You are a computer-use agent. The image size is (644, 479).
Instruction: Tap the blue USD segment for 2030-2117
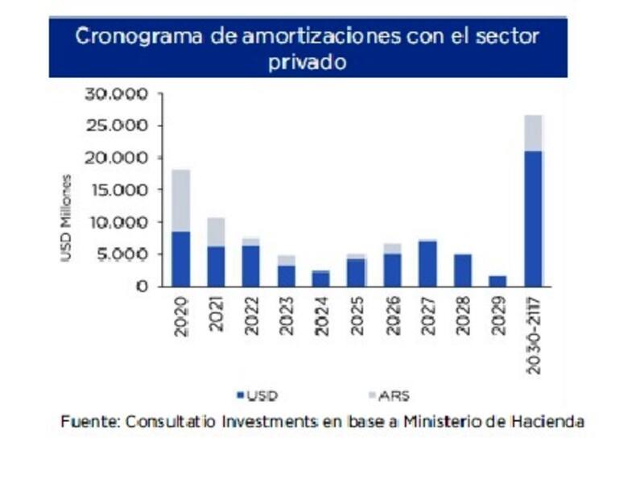(x=532, y=218)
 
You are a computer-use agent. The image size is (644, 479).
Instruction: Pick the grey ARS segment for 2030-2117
(x=532, y=133)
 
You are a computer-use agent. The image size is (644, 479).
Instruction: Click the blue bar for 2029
(x=497, y=281)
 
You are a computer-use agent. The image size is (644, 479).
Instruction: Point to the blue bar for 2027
(x=427, y=263)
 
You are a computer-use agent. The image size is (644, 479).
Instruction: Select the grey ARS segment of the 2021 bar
(x=215, y=232)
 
